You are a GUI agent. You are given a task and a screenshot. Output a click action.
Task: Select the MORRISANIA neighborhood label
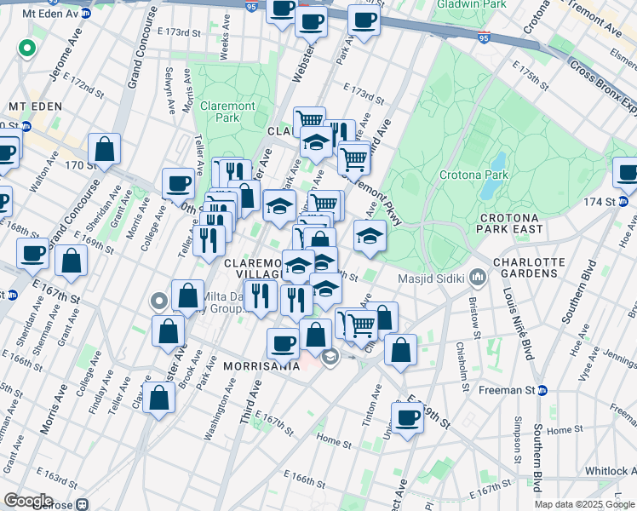(x=261, y=365)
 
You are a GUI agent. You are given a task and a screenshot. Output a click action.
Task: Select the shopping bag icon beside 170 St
(x=105, y=149)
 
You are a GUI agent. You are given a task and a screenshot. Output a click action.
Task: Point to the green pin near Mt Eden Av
(x=27, y=49)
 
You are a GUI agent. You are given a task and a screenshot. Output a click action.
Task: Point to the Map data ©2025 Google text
(x=584, y=504)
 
